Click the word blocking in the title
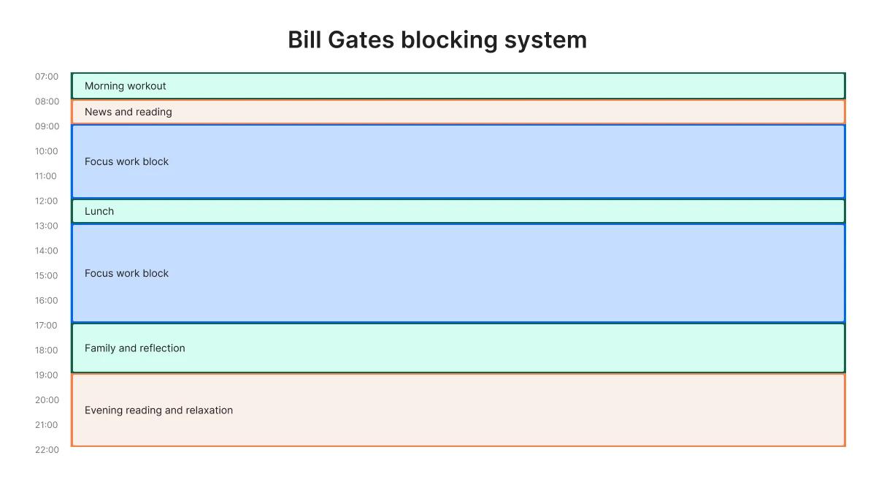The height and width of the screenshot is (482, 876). [449, 39]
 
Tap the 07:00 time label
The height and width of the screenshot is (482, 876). [47, 77]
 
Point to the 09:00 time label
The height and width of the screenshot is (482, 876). [47, 126]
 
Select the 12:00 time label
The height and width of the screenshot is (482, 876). [47, 201]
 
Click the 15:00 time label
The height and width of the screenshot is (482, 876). [47, 275]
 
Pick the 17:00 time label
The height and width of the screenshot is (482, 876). [47, 325]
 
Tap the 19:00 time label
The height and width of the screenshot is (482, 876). [47, 375]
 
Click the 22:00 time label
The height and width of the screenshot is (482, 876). [47, 450]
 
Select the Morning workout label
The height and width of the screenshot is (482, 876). [125, 86]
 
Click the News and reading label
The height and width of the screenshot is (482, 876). [128, 112]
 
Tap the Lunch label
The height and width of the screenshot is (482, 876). [99, 211]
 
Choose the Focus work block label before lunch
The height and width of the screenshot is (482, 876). [126, 161]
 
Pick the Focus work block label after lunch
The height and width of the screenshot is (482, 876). [126, 273]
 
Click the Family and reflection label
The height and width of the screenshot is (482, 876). [134, 348]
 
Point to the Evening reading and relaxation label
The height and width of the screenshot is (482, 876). [158, 410]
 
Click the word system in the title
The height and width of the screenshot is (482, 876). [545, 39]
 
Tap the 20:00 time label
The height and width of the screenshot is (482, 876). [47, 400]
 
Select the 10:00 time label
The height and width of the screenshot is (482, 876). [47, 151]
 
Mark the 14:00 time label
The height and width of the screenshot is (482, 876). [47, 250]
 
